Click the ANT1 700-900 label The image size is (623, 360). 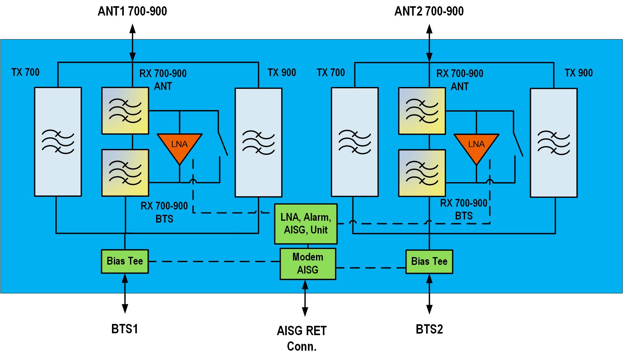pyautogui.click(x=132, y=12)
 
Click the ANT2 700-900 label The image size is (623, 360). pyautogui.click(x=429, y=12)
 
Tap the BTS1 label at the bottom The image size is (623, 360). pyautogui.click(x=124, y=329)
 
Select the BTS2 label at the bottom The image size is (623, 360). pyautogui.click(x=429, y=329)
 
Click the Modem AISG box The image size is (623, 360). pyautogui.click(x=308, y=264)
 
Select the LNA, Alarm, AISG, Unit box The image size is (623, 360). pyautogui.click(x=306, y=224)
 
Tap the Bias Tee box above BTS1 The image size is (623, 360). pyautogui.click(x=125, y=261)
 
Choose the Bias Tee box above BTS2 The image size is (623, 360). pyautogui.click(x=429, y=261)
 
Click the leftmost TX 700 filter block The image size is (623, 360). pyautogui.click(x=58, y=142)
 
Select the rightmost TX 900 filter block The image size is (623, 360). pyautogui.click(x=554, y=143)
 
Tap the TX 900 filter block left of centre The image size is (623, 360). pyautogui.click(x=258, y=142)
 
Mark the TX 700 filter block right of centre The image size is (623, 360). pyautogui.click(x=355, y=142)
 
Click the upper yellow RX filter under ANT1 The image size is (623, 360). pyautogui.click(x=125, y=111)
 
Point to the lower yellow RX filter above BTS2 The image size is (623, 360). pyautogui.click(x=422, y=173)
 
